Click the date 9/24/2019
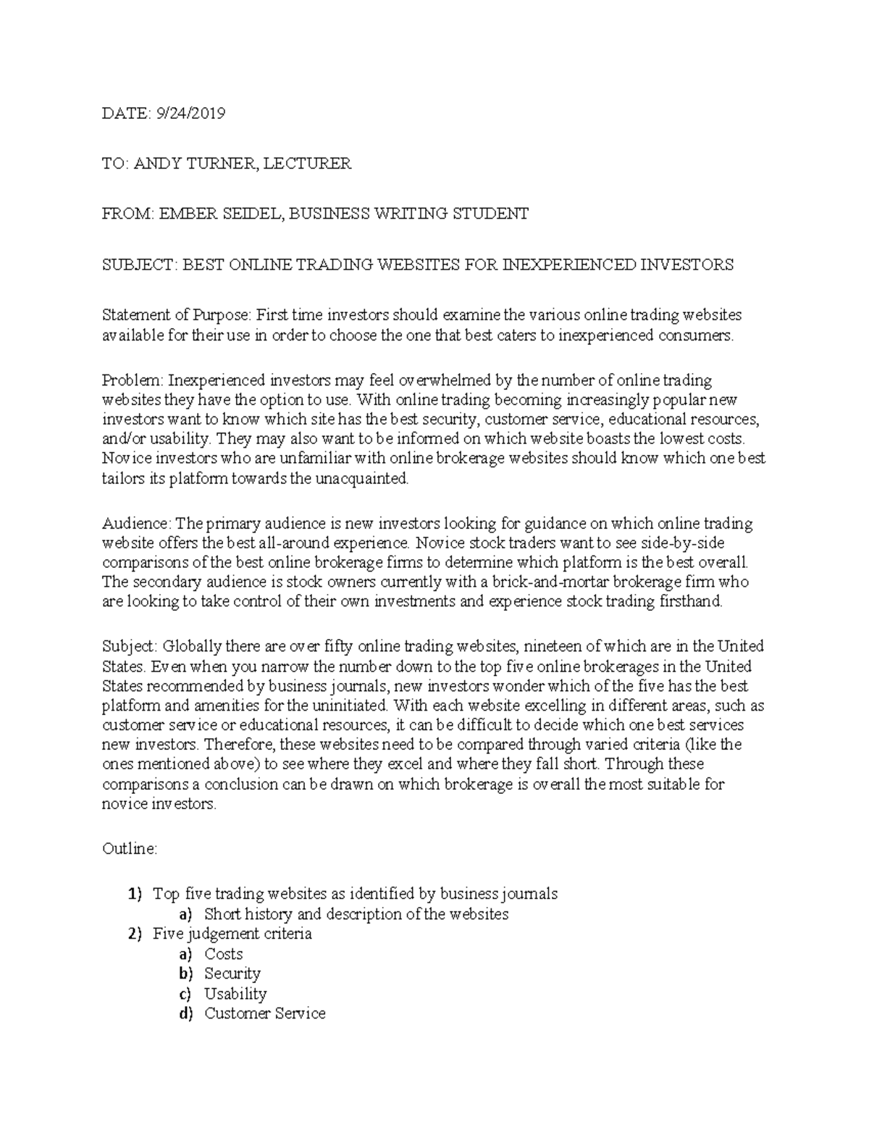190,113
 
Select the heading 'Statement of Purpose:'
175,315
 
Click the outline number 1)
135,894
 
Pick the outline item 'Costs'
223,954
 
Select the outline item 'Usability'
235,994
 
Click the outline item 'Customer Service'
264,1013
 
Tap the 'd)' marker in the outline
186,1013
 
